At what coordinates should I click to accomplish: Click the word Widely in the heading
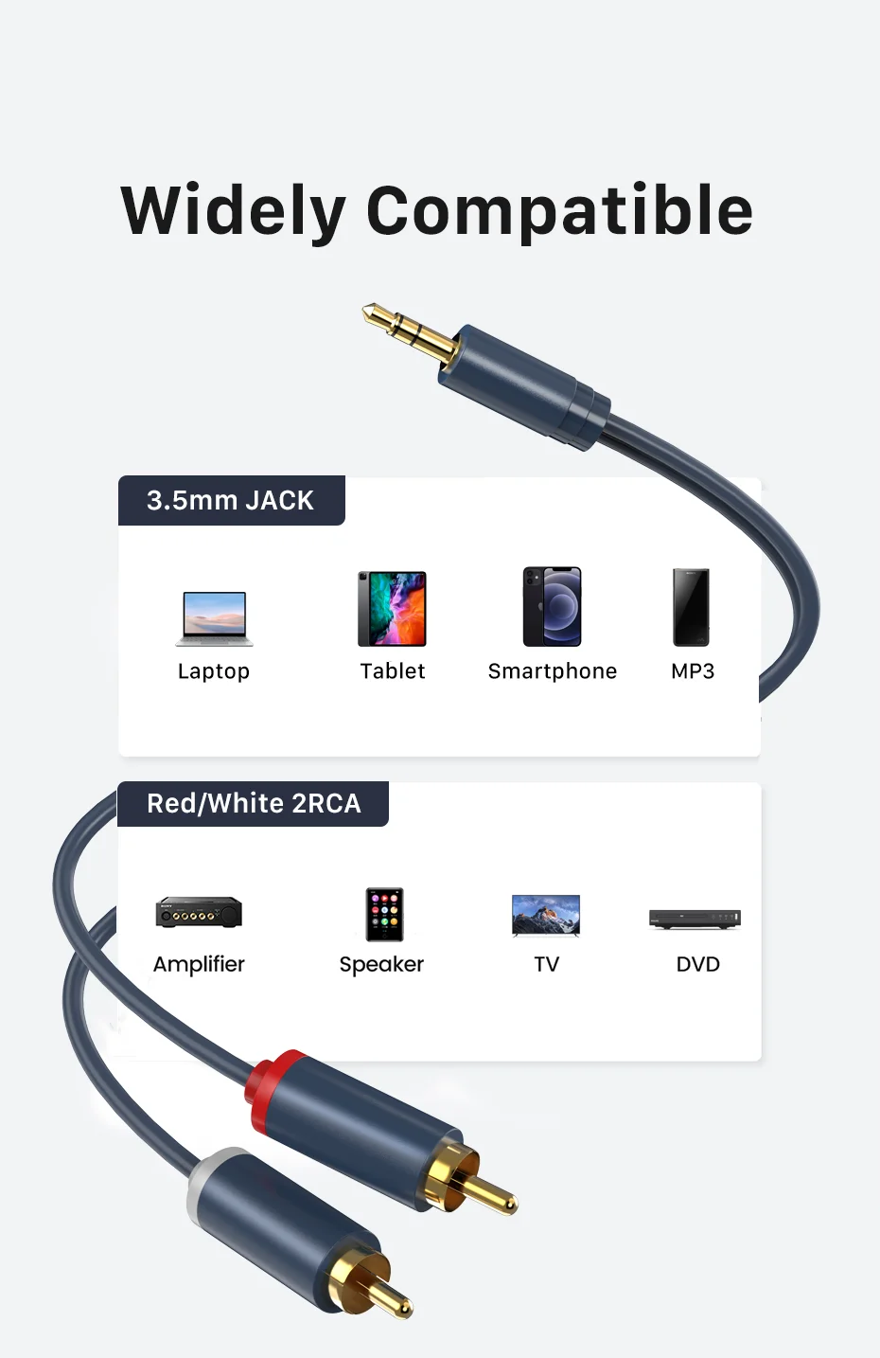coord(233,211)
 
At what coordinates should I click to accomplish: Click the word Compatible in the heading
coord(559,211)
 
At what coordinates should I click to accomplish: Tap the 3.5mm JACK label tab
coord(231,500)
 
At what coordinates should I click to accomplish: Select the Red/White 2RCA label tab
coord(254,803)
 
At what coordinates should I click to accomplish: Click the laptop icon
coord(215,618)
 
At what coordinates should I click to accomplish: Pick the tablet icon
coord(392,609)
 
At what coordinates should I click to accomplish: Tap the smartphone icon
coord(553,607)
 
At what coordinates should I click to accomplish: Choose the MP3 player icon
coord(691,607)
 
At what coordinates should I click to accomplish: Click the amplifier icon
coord(199,912)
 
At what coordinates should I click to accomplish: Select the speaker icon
coord(385,914)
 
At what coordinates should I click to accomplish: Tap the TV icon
coord(546,915)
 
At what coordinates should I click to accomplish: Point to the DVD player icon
coord(695,918)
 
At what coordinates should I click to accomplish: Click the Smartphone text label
coord(553,671)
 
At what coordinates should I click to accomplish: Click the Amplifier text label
coord(199,964)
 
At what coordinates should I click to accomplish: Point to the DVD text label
coord(698,964)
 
